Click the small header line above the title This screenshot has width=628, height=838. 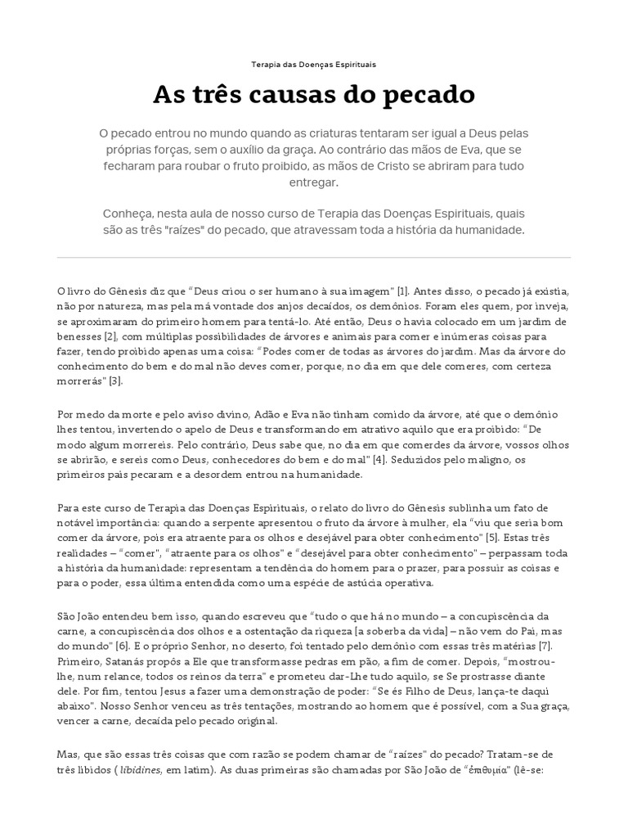point(314,63)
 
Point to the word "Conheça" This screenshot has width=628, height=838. point(129,213)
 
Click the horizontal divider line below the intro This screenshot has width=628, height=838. point(314,258)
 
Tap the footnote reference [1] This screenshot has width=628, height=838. point(403,291)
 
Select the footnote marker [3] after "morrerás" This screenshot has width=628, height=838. point(117,381)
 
